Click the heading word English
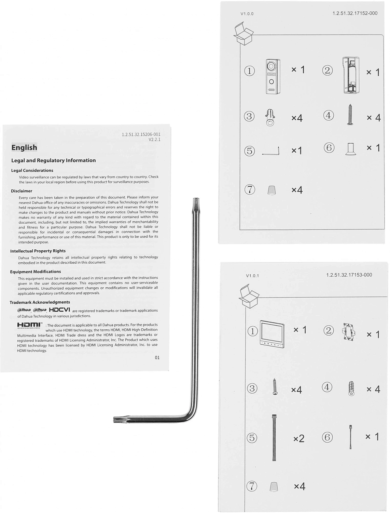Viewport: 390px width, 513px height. click(x=24, y=147)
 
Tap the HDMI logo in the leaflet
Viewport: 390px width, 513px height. click(x=29, y=325)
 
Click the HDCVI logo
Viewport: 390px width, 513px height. click(x=59, y=310)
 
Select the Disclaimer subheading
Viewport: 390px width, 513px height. click(x=22, y=191)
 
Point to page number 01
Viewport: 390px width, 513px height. click(x=157, y=357)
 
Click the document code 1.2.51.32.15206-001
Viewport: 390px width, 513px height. click(x=141, y=134)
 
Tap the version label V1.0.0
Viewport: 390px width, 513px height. click(x=247, y=14)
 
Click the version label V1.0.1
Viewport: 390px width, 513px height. click(x=252, y=276)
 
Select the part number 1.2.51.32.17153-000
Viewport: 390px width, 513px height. click(x=349, y=275)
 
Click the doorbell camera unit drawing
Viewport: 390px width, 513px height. click(x=273, y=76)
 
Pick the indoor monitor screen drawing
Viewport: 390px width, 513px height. click(x=272, y=334)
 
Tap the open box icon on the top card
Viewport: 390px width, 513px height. click(x=243, y=34)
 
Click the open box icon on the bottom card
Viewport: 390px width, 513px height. click(x=248, y=297)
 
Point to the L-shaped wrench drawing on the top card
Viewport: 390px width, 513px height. click(x=271, y=152)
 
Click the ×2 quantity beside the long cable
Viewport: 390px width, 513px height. click(x=298, y=438)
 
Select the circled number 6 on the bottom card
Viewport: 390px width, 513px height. click(x=327, y=437)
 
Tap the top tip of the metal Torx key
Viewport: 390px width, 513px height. click(x=196, y=200)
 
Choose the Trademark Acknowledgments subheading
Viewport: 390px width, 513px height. click(x=40, y=302)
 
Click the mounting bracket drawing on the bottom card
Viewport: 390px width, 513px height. click(x=350, y=332)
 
